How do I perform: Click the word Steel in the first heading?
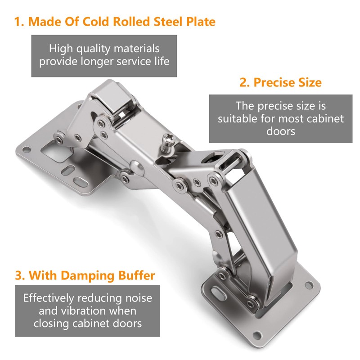(164, 22)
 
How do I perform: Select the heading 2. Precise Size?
(280, 82)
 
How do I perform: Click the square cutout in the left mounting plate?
(56, 152)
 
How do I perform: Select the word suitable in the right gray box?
(236, 119)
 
